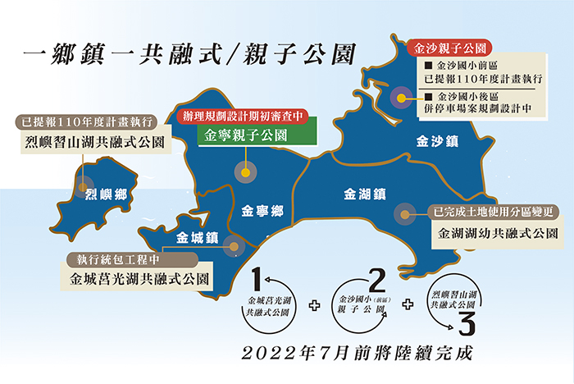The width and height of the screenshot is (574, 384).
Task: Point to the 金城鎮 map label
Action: [197, 239]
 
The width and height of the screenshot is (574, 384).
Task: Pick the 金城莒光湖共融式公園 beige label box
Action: [136, 277]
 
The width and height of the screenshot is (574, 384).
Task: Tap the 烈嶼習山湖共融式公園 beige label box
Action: [91, 143]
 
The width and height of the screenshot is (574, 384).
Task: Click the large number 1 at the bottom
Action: [256, 277]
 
